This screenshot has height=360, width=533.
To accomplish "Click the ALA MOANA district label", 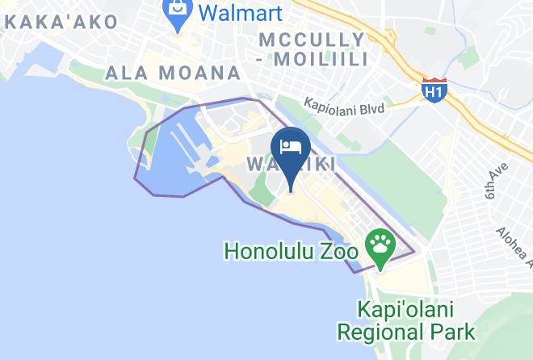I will (173, 73).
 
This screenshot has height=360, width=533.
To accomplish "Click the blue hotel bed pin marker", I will (291, 149).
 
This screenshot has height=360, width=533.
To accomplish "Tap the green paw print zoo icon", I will (379, 243).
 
